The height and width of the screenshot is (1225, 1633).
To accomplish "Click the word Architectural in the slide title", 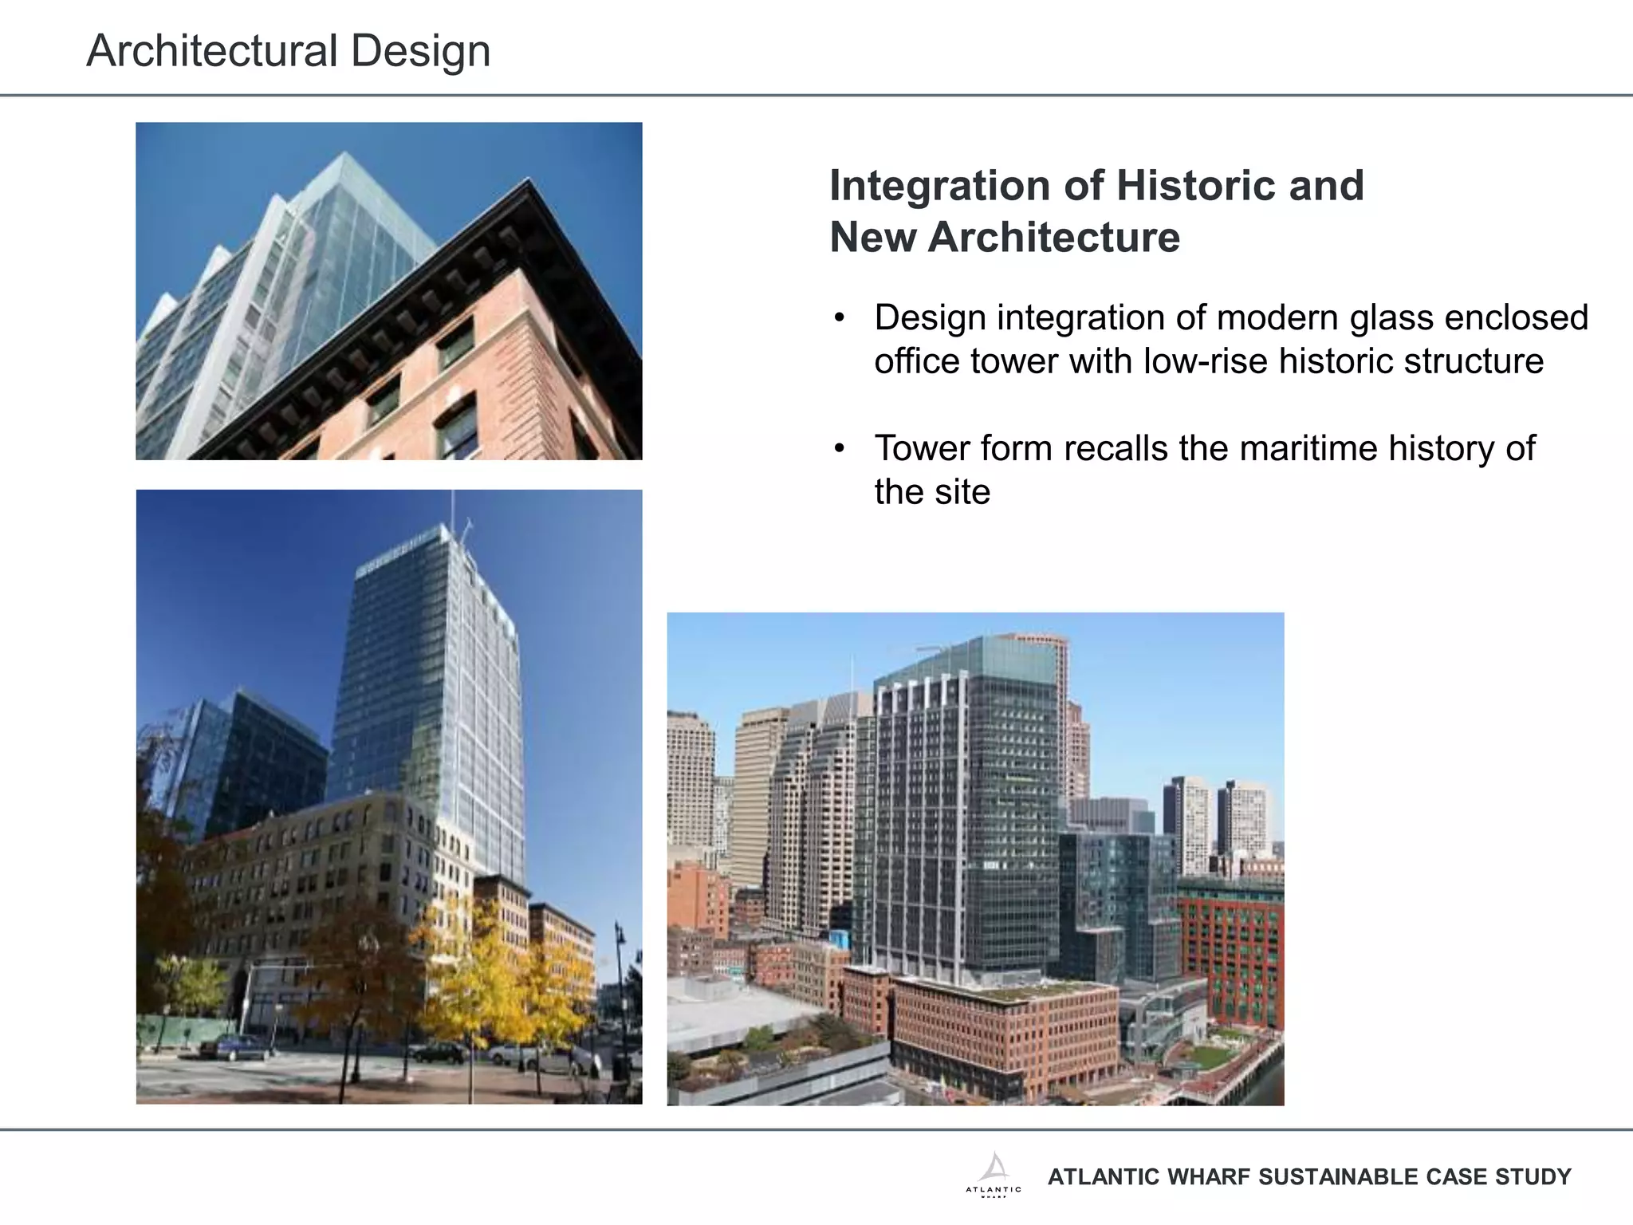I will click(x=212, y=51).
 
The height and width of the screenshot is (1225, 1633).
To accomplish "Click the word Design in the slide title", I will click(x=420, y=51).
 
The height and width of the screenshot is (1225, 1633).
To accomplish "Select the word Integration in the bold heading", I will click(x=939, y=187).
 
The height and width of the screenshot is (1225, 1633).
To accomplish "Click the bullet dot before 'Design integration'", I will click(x=839, y=319).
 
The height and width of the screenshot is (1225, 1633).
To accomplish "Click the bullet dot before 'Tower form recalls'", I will click(x=839, y=449).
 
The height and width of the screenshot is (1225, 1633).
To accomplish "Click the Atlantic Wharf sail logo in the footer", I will click(x=994, y=1168).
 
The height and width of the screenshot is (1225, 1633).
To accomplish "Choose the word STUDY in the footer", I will click(x=1537, y=1177).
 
